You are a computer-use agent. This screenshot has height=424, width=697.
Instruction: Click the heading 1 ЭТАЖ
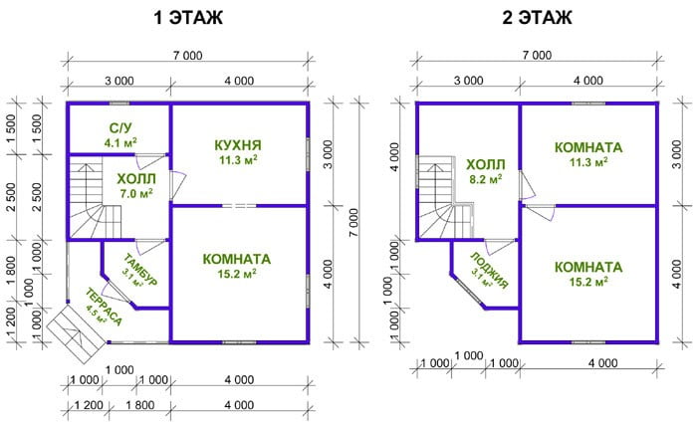coord(188,18)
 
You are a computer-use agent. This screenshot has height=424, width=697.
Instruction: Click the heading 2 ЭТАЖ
coord(537,18)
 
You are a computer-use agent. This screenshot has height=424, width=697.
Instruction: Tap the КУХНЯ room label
coord(238,145)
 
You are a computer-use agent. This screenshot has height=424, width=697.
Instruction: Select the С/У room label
coord(120,128)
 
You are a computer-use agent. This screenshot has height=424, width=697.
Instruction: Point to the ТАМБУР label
coord(140,270)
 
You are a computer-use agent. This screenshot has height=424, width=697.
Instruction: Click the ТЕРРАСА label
coord(104,308)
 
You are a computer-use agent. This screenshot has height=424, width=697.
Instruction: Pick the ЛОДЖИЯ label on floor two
coord(490,271)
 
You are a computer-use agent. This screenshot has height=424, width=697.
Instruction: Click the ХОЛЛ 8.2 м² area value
coord(486,179)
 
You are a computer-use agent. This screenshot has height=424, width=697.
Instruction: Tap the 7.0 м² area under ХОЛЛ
coord(136,194)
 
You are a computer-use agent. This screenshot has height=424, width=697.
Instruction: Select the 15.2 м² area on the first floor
coord(237,275)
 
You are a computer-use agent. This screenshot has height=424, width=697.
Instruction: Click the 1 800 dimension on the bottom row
coord(140,405)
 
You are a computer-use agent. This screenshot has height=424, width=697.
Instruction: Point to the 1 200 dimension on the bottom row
coord(89,405)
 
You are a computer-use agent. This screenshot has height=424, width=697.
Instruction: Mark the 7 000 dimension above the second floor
coord(537,55)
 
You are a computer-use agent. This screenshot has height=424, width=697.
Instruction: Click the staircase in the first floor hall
coord(96,201)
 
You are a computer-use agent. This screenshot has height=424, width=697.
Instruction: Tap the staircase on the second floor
coord(445,200)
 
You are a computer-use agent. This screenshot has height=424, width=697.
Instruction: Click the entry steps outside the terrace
coord(76,328)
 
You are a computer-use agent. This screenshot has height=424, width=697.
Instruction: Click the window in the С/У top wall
coord(119,104)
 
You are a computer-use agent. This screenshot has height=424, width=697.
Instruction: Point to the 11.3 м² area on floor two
coord(588,162)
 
